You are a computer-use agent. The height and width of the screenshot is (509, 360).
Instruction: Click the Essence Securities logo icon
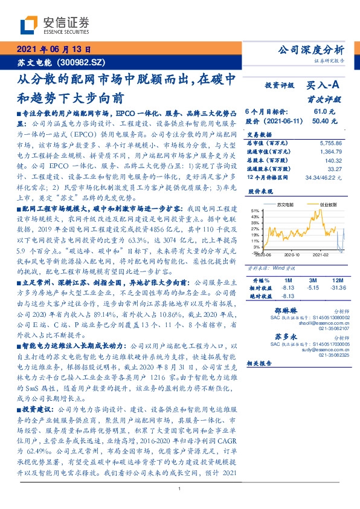click(28, 25)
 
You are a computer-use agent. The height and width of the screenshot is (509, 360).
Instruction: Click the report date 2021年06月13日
click(53, 50)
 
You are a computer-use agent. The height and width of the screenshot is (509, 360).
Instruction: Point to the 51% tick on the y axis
click(256, 211)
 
